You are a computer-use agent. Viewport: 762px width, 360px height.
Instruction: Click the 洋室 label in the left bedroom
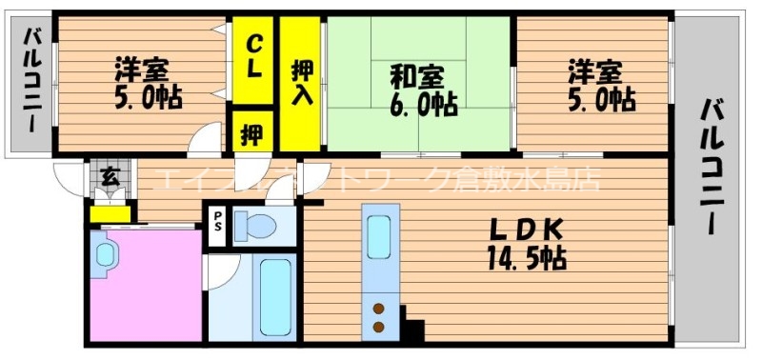144,70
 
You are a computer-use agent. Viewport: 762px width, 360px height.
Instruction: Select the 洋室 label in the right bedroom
597,70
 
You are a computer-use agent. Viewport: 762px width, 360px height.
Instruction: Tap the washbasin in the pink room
105,254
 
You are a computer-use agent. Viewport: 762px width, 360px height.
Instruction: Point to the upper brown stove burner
379,307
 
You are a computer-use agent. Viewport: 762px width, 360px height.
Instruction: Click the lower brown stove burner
379,327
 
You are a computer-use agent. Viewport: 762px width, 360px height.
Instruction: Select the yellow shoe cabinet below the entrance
109,214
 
